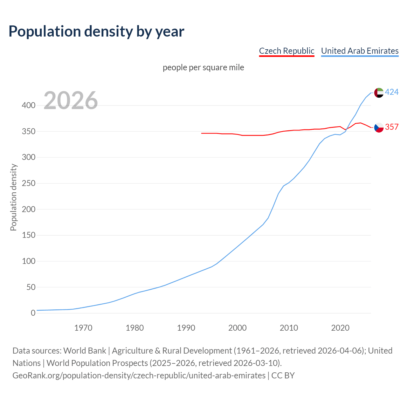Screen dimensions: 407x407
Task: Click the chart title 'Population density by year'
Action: (96, 31)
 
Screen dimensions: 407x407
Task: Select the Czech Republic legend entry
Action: (286, 51)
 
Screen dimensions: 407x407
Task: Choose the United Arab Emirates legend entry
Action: (360, 51)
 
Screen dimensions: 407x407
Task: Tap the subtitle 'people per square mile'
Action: (203, 67)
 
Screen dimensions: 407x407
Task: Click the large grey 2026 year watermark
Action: (71, 100)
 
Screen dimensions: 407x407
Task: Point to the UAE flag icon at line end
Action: (379, 93)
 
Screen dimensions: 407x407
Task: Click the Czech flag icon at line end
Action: (379, 128)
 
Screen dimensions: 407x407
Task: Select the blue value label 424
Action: (392, 92)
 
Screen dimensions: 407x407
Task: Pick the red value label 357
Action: (392, 127)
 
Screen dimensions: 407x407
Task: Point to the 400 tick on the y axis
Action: (29, 105)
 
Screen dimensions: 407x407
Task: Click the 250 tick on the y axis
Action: (29, 183)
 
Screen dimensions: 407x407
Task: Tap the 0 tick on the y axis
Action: (33, 313)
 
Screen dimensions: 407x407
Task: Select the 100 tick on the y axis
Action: (29, 261)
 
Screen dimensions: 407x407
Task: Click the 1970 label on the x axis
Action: (83, 328)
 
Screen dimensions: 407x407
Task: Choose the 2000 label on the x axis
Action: (237, 328)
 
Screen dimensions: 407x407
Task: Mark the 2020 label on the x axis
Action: (340, 328)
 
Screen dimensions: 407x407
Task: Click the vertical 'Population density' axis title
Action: (13, 197)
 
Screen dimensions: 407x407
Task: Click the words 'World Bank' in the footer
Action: (85, 351)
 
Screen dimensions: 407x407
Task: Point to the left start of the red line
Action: (202, 133)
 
